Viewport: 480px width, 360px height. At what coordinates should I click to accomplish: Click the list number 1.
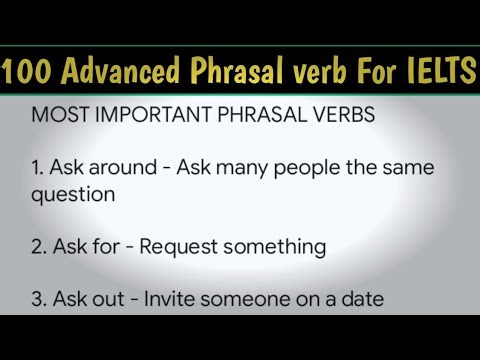tap(37, 168)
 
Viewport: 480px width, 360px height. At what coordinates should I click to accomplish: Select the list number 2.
tap(38, 246)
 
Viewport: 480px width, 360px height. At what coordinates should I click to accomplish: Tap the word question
tap(68, 195)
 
